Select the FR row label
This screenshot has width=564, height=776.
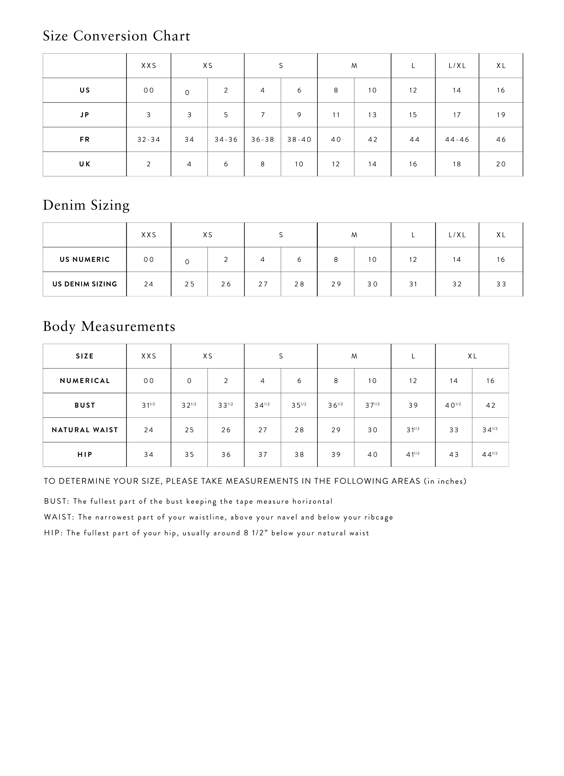point(85,140)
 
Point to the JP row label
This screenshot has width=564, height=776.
point(85,115)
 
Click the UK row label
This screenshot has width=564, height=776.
point(85,164)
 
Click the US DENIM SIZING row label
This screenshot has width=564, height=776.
point(85,284)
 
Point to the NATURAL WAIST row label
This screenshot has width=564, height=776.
point(85,430)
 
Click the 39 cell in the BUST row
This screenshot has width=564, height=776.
point(413,406)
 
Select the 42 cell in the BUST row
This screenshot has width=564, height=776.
point(490,406)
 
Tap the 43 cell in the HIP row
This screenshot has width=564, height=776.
point(454,455)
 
